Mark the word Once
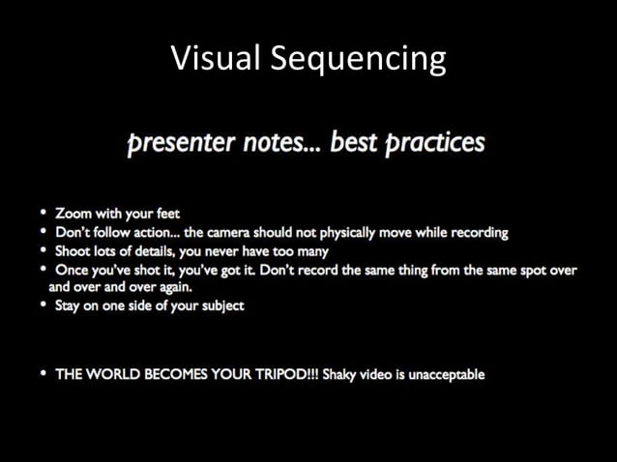tap(72, 270)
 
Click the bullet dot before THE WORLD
tap(44, 374)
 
